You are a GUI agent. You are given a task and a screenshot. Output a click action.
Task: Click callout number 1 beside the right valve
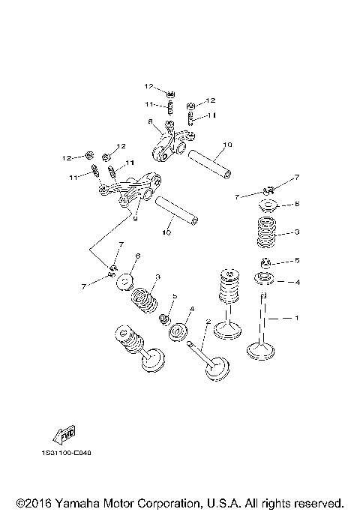click(297, 319)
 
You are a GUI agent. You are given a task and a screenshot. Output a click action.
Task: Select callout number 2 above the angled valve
click(207, 322)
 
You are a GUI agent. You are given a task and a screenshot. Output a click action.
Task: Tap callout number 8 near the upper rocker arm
click(151, 121)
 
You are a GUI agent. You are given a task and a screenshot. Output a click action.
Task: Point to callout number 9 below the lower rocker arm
click(135, 219)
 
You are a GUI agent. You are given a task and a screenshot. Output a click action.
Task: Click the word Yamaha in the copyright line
click(77, 502)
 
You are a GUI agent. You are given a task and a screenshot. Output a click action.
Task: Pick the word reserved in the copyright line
click(317, 502)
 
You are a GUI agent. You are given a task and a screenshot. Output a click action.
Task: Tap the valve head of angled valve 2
click(217, 371)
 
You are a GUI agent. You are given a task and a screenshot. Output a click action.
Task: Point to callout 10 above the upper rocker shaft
click(227, 143)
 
